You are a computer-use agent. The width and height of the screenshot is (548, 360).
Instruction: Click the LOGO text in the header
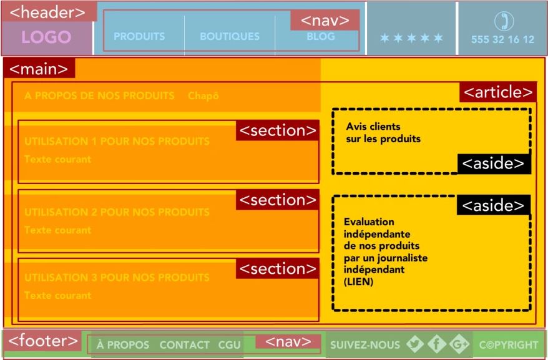click(x=46, y=37)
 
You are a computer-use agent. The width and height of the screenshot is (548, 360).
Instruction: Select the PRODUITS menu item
click(x=139, y=37)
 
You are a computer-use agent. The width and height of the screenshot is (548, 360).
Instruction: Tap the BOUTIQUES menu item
click(x=230, y=37)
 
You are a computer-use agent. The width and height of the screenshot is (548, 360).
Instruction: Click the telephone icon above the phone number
click(x=502, y=21)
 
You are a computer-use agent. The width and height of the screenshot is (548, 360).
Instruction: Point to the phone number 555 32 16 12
click(x=502, y=39)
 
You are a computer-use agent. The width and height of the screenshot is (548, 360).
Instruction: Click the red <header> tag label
click(x=49, y=12)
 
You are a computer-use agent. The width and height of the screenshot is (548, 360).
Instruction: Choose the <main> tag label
click(x=39, y=69)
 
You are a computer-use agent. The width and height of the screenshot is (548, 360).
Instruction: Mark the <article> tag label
click(x=498, y=92)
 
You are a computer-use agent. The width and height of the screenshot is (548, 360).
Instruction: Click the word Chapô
click(x=203, y=96)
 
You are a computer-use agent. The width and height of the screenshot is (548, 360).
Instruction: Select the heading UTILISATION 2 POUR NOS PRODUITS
click(x=117, y=212)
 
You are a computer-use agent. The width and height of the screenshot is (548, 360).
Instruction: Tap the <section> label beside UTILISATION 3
click(x=277, y=269)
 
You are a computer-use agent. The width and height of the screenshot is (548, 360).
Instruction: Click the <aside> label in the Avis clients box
click(x=494, y=163)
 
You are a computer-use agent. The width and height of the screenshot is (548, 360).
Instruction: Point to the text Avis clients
click(x=373, y=127)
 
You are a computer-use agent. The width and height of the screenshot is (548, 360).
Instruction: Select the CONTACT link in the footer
click(x=184, y=345)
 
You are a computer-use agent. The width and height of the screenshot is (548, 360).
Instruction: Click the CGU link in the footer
click(x=230, y=345)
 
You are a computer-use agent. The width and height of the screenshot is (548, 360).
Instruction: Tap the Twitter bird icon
click(x=415, y=344)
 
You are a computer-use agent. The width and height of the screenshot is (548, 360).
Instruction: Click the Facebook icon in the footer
click(x=437, y=344)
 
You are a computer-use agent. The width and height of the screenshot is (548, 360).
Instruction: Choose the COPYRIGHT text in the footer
click(x=509, y=344)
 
